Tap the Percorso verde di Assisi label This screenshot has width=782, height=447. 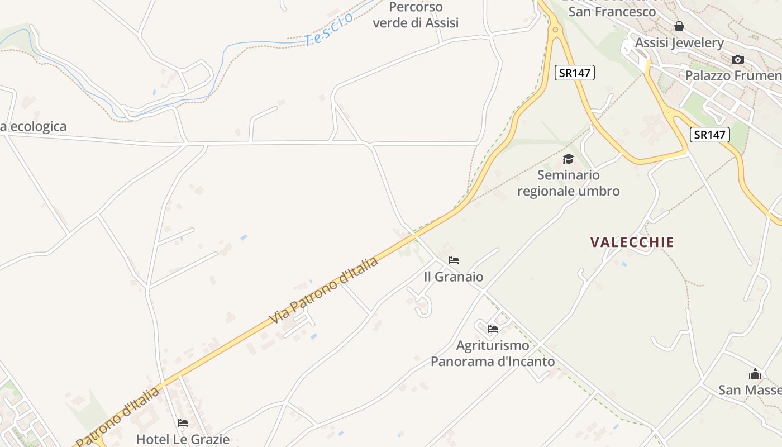point(416,15)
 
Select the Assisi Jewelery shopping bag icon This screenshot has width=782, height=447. point(679,26)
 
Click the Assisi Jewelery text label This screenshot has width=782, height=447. point(679,43)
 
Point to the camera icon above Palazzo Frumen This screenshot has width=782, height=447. point(738,59)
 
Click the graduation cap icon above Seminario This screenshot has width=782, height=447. point(568,159)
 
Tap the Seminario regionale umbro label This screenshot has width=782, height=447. point(568,183)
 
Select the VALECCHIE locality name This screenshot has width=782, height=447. point(632,242)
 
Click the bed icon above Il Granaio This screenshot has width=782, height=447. point(454,260)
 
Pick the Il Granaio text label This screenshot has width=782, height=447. point(454,277)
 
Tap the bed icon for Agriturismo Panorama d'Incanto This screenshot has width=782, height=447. point(492,329)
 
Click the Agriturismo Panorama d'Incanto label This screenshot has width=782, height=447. point(493,353)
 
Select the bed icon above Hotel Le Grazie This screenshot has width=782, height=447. point(183,423)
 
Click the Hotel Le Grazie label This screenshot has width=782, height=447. point(183,439)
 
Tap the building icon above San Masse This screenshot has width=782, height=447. point(755,374)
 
